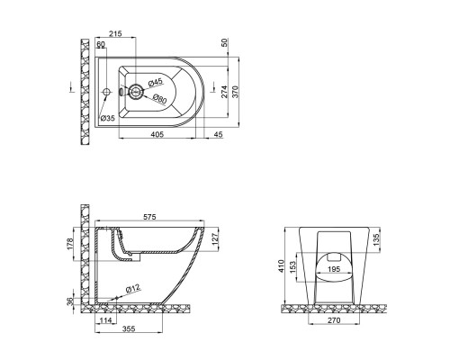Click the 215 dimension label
coord(115,33)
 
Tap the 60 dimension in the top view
coord(101,44)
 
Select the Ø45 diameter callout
coord(155,82)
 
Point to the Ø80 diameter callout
coord(159,99)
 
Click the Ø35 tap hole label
coord(108,118)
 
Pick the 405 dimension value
coord(157,134)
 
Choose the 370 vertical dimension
coord(235,92)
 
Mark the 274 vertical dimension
coord(224,92)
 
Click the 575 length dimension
coord(149,217)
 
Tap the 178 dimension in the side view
coord(70,244)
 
